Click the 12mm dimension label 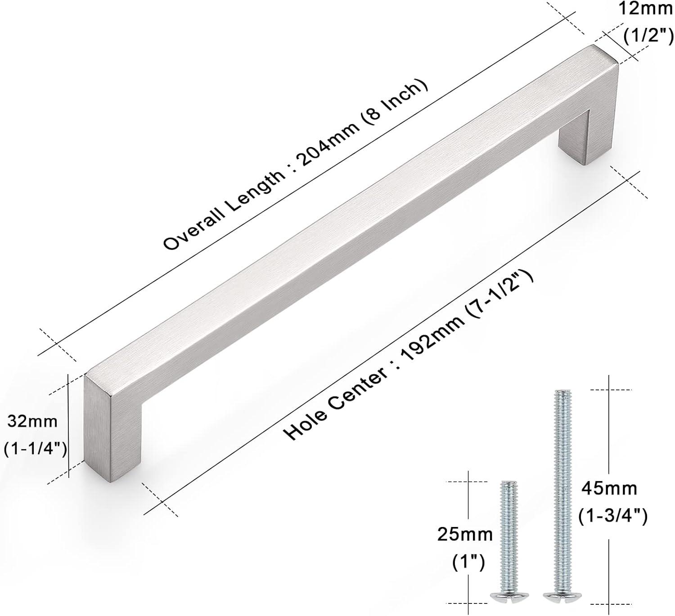pos(645,9)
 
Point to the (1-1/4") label pos(36,449)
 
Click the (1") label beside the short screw pos(468,562)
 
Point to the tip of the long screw pos(560,392)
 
